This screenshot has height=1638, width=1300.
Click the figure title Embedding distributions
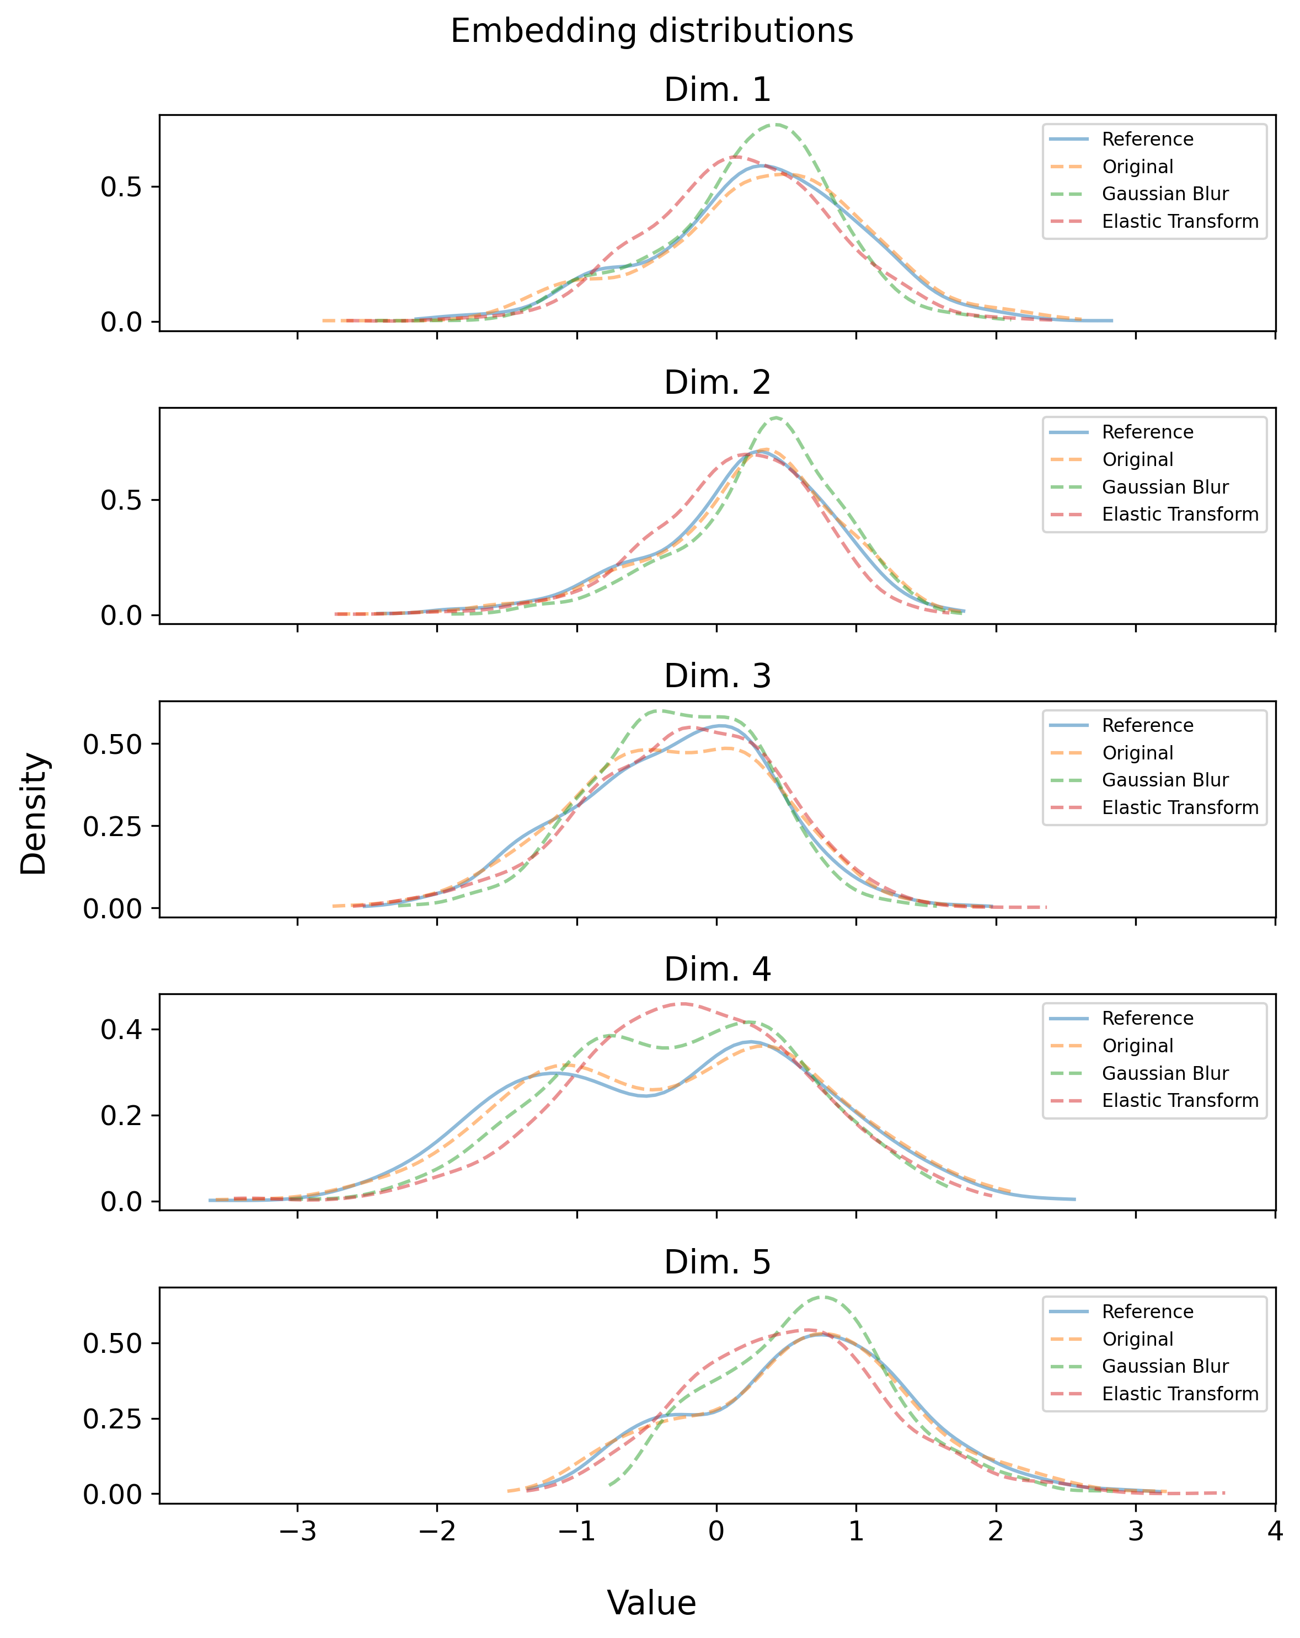[651, 32]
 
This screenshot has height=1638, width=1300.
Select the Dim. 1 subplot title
[716, 90]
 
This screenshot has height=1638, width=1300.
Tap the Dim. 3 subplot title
[716, 676]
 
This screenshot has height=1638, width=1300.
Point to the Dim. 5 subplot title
[716, 1262]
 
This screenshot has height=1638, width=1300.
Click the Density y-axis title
[34, 813]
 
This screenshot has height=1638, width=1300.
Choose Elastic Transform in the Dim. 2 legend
[1180, 515]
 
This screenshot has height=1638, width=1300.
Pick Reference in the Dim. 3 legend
[1147, 726]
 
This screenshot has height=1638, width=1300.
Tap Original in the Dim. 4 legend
[1137, 1046]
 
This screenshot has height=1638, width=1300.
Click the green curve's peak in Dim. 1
[775, 125]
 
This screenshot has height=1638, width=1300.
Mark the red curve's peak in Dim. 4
[682, 1004]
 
